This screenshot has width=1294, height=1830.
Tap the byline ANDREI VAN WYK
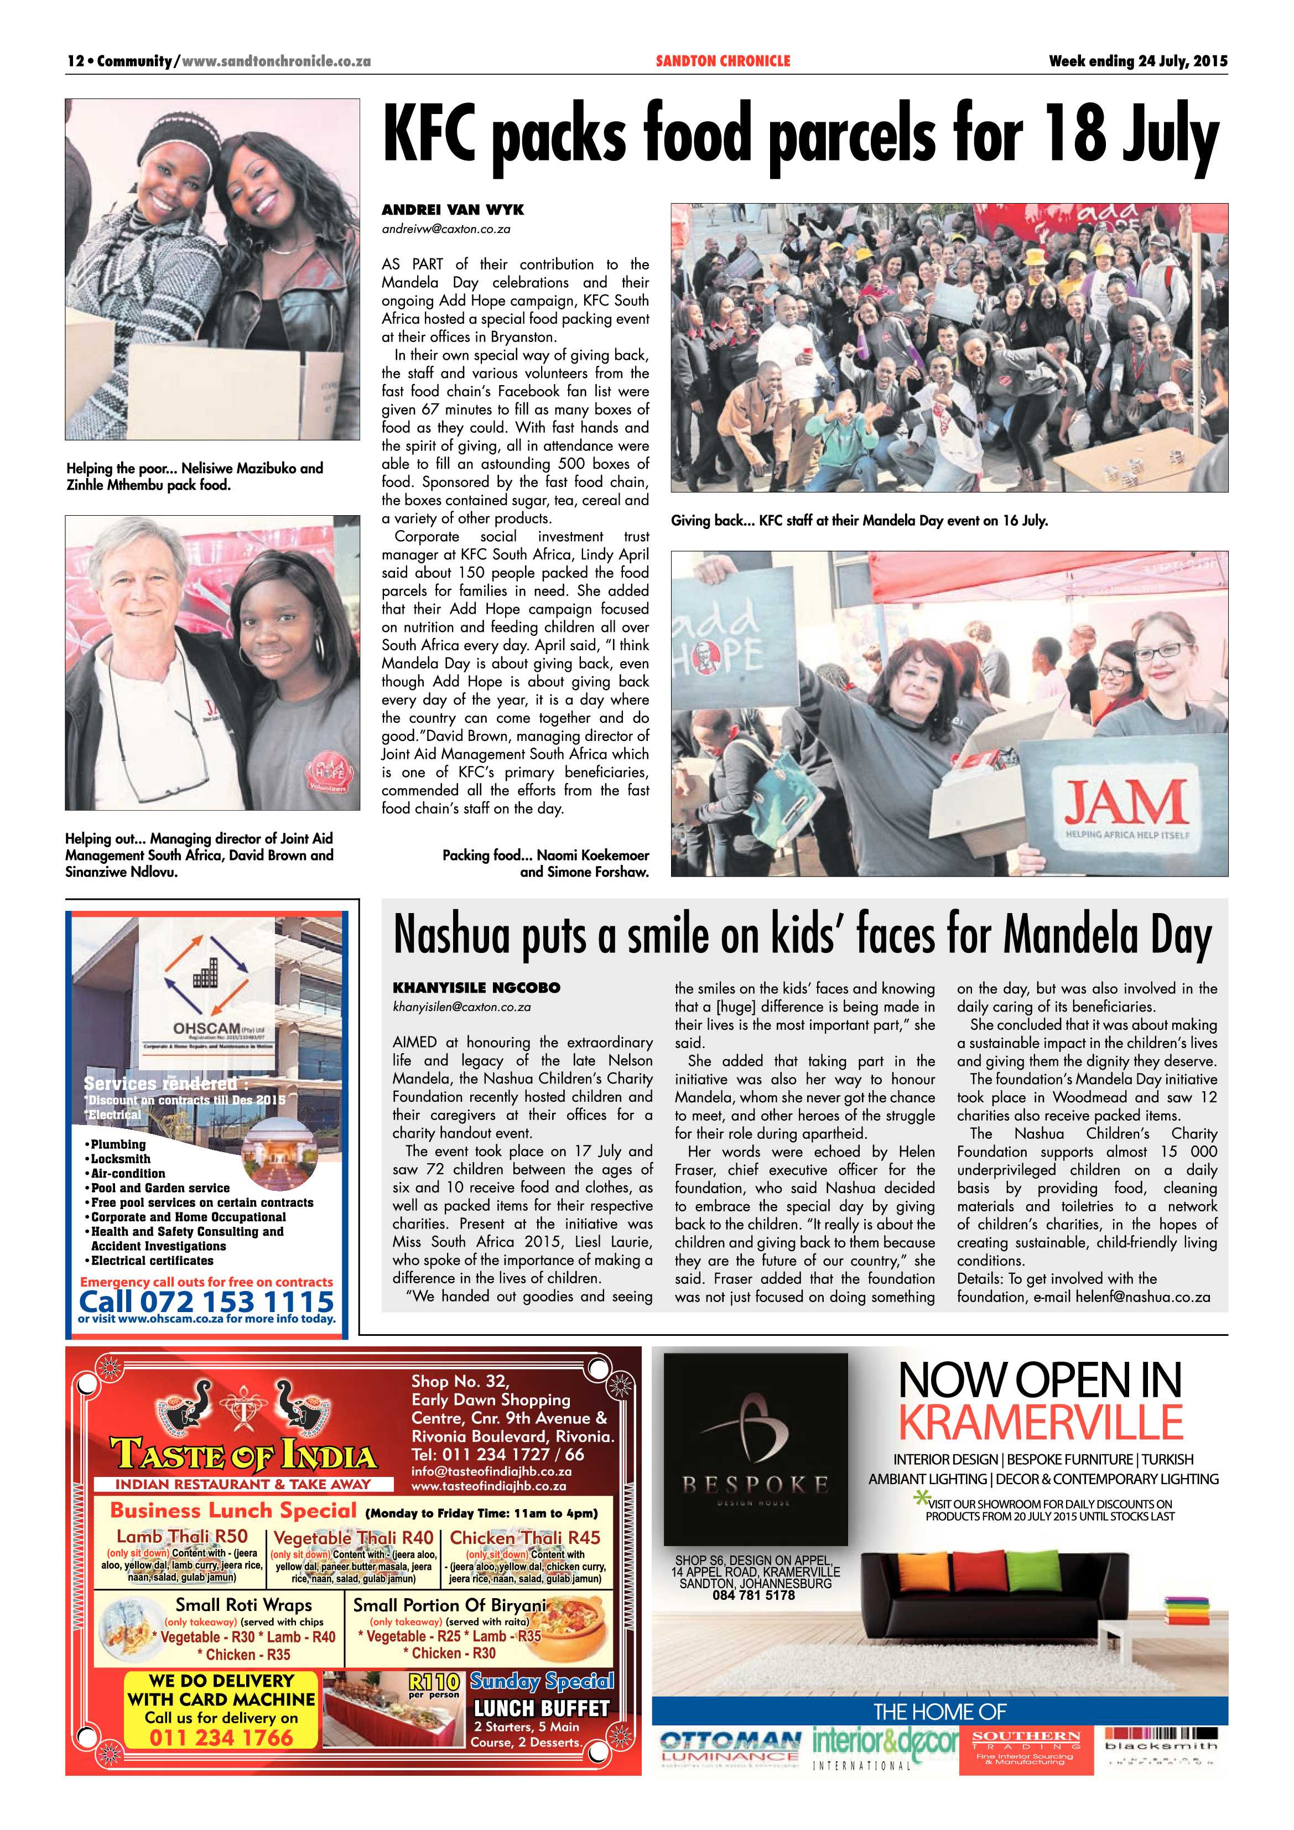coord(453,210)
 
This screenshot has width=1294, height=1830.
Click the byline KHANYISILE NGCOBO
coord(476,988)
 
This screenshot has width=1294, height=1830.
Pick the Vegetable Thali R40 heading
coord(353,1537)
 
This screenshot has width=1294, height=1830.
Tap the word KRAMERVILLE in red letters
coord(1041,1422)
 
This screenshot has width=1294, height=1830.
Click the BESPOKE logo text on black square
coord(755,1484)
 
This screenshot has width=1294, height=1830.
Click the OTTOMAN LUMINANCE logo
coord(730,1745)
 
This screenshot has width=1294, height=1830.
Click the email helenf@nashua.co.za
coord(1142,1297)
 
